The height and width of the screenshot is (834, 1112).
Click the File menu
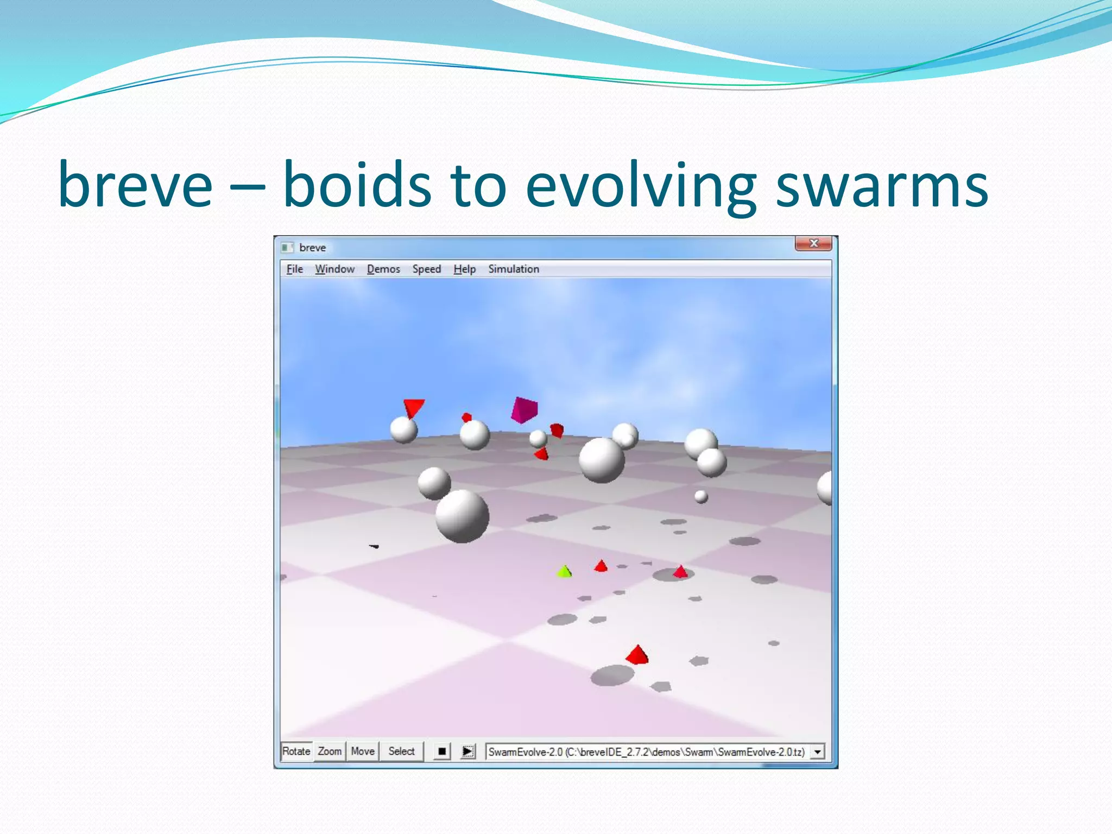pyautogui.click(x=294, y=269)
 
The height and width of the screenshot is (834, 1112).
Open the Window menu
pyautogui.click(x=334, y=269)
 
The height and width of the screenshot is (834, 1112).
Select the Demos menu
pyautogui.click(x=383, y=269)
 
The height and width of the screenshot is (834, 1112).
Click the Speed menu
pyautogui.click(x=426, y=269)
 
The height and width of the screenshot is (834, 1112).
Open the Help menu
pyautogui.click(x=464, y=269)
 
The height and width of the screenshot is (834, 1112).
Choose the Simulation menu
pyautogui.click(x=513, y=269)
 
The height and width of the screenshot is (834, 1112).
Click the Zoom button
pyautogui.click(x=330, y=751)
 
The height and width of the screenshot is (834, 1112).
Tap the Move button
pyautogui.click(x=363, y=751)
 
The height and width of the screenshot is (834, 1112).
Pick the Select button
pyautogui.click(x=401, y=751)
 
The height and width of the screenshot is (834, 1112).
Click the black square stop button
pyautogui.click(x=442, y=752)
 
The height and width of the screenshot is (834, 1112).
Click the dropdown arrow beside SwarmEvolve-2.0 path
pyautogui.click(x=817, y=752)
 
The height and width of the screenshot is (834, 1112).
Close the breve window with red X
pyautogui.click(x=813, y=243)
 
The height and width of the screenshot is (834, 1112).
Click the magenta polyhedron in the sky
pyautogui.click(x=523, y=410)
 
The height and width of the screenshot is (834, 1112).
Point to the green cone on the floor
pyautogui.click(x=565, y=571)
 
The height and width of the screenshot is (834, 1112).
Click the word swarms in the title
pyautogui.click(x=882, y=185)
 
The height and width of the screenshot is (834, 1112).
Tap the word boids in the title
pyautogui.click(x=357, y=185)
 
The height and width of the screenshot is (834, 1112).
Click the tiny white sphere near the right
pyautogui.click(x=701, y=496)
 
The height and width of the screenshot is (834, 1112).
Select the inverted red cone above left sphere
pyautogui.click(x=414, y=407)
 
